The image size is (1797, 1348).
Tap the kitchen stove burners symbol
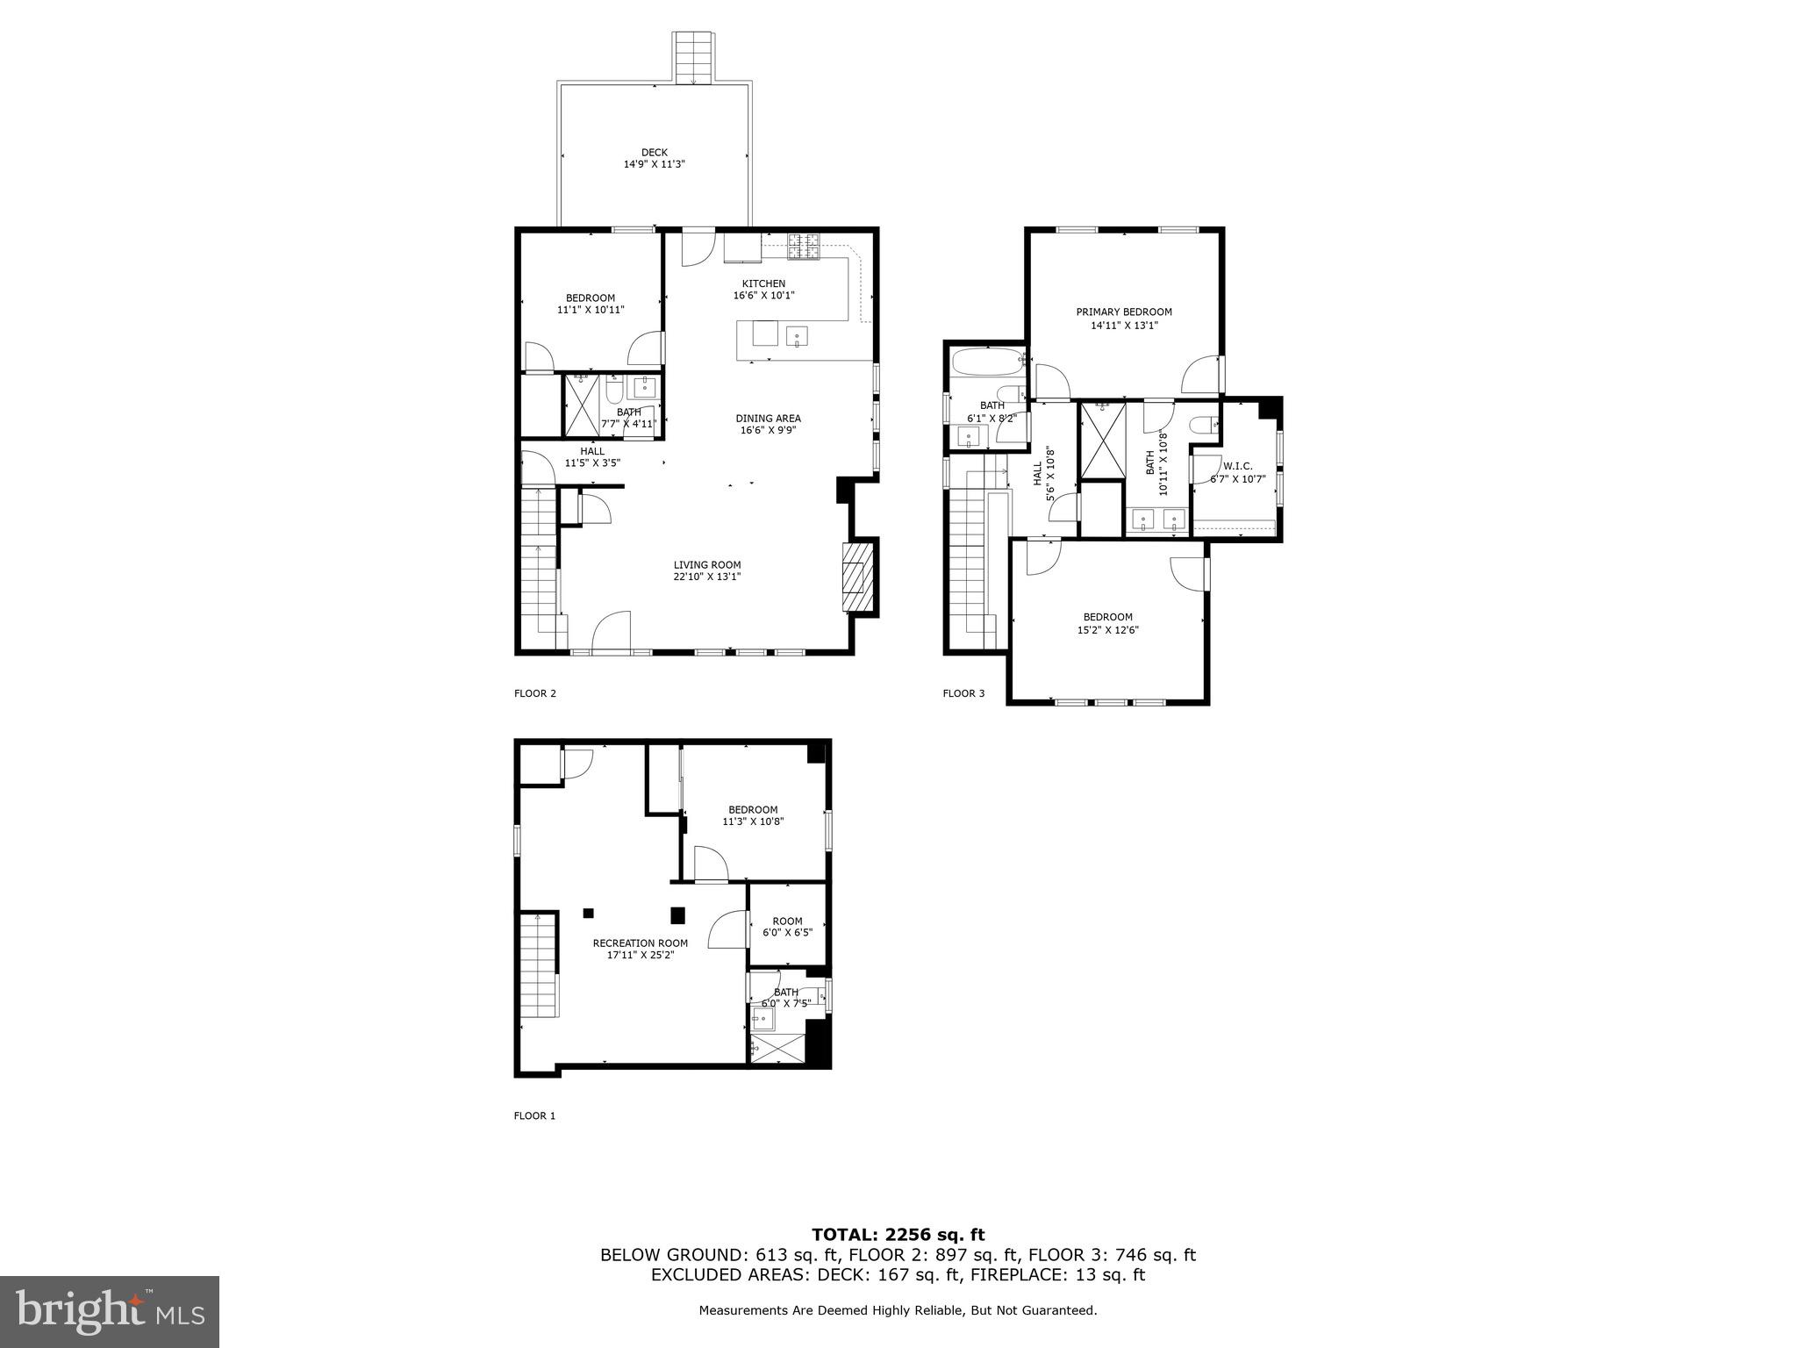pyautogui.click(x=803, y=247)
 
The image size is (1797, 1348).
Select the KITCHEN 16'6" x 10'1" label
pyautogui.click(x=763, y=290)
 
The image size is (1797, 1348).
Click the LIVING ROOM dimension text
pyautogui.click(x=707, y=577)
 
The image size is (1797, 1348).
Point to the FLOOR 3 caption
pyautogui.click(x=963, y=693)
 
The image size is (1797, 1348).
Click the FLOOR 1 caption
pyautogui.click(x=534, y=1116)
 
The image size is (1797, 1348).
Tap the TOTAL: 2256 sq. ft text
pyautogui.click(x=898, y=1235)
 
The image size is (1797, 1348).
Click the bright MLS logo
pyautogui.click(x=110, y=1312)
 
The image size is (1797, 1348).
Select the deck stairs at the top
pyautogui.click(x=694, y=58)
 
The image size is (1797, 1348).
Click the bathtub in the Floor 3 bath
pyautogui.click(x=986, y=361)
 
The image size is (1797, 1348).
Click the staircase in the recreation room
pyautogui.click(x=539, y=964)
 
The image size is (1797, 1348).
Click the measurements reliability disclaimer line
pyautogui.click(x=898, y=1310)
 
